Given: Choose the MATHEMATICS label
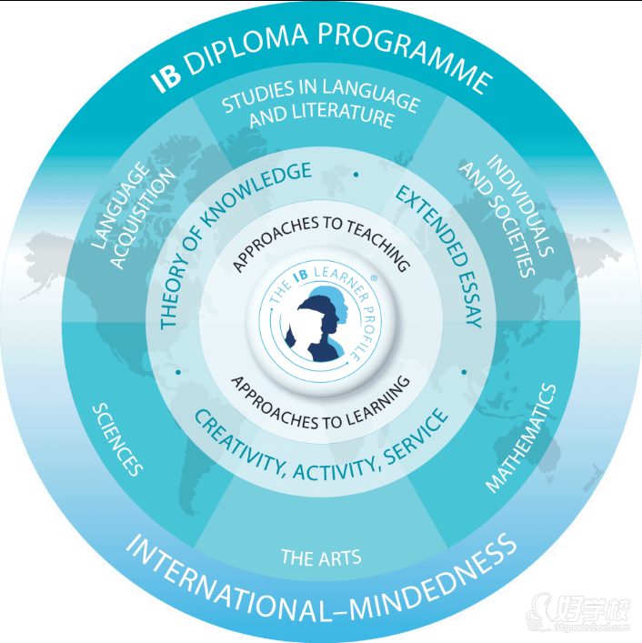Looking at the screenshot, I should coord(521,437).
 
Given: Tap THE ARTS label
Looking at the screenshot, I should coord(321,557).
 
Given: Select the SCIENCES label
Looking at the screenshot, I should coord(119,439).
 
